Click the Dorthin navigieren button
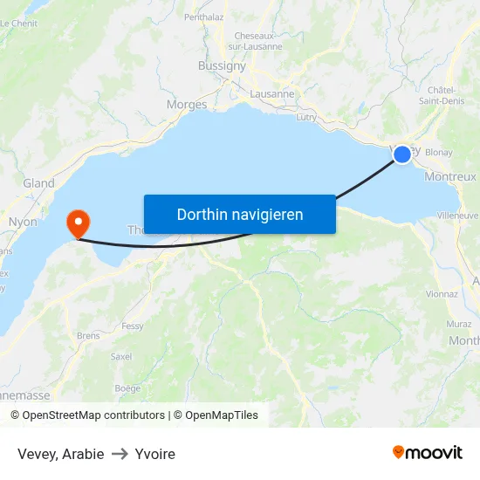(240, 214)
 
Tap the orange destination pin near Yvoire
(79, 222)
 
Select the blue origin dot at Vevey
(401, 154)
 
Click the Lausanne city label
(271, 94)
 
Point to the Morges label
(187, 105)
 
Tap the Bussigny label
(223, 65)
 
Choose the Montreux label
(449, 176)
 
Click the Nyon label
(23, 222)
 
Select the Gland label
(38, 183)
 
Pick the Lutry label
(306, 116)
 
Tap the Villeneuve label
(457, 215)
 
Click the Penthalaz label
(204, 17)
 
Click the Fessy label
(133, 326)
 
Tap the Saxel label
(121, 356)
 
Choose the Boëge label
(127, 388)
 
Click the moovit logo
(428, 453)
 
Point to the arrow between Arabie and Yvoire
(120, 454)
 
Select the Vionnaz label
(442, 294)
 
